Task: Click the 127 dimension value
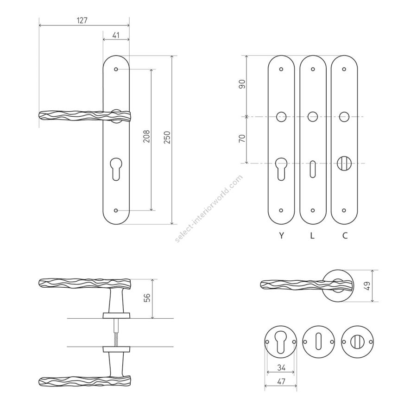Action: (82, 20)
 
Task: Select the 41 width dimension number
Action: (116, 35)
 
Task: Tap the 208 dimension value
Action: (147, 136)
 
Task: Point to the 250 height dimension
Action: (167, 138)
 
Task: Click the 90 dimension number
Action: (242, 84)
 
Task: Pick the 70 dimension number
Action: (242, 139)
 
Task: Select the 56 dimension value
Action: (147, 297)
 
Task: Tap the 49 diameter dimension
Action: (367, 286)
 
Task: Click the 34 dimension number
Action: (281, 367)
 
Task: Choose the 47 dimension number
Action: (281, 381)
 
